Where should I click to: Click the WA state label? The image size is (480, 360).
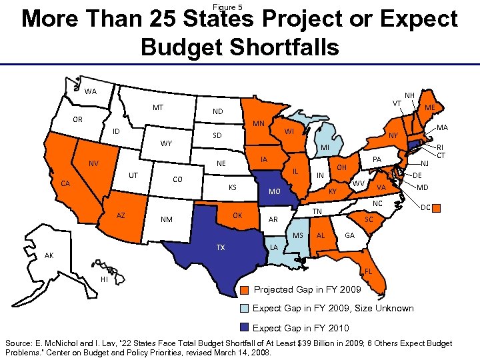pos(90,91)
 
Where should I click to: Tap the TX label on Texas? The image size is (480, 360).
pos(220,247)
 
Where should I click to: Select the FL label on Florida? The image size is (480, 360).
pos(369,271)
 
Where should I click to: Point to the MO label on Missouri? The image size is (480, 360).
pos(274,192)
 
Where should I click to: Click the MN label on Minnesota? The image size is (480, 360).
pos(259,124)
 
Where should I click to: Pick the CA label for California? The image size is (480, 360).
pos(66,183)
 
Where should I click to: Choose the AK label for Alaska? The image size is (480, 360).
pos(49,255)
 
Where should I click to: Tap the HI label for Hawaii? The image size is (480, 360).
pos(104,279)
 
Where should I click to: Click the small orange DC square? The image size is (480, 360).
pos(437,209)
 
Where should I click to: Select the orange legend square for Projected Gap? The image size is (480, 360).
pos(245,290)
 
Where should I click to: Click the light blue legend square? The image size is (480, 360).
pos(245,309)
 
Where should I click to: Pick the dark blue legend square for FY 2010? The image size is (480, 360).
pos(245,327)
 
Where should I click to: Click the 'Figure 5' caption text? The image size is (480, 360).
pos(228,7)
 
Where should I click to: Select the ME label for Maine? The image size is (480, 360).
pos(430,107)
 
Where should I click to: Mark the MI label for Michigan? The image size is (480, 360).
pos(325,147)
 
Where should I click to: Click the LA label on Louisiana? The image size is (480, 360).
pos(274,247)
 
